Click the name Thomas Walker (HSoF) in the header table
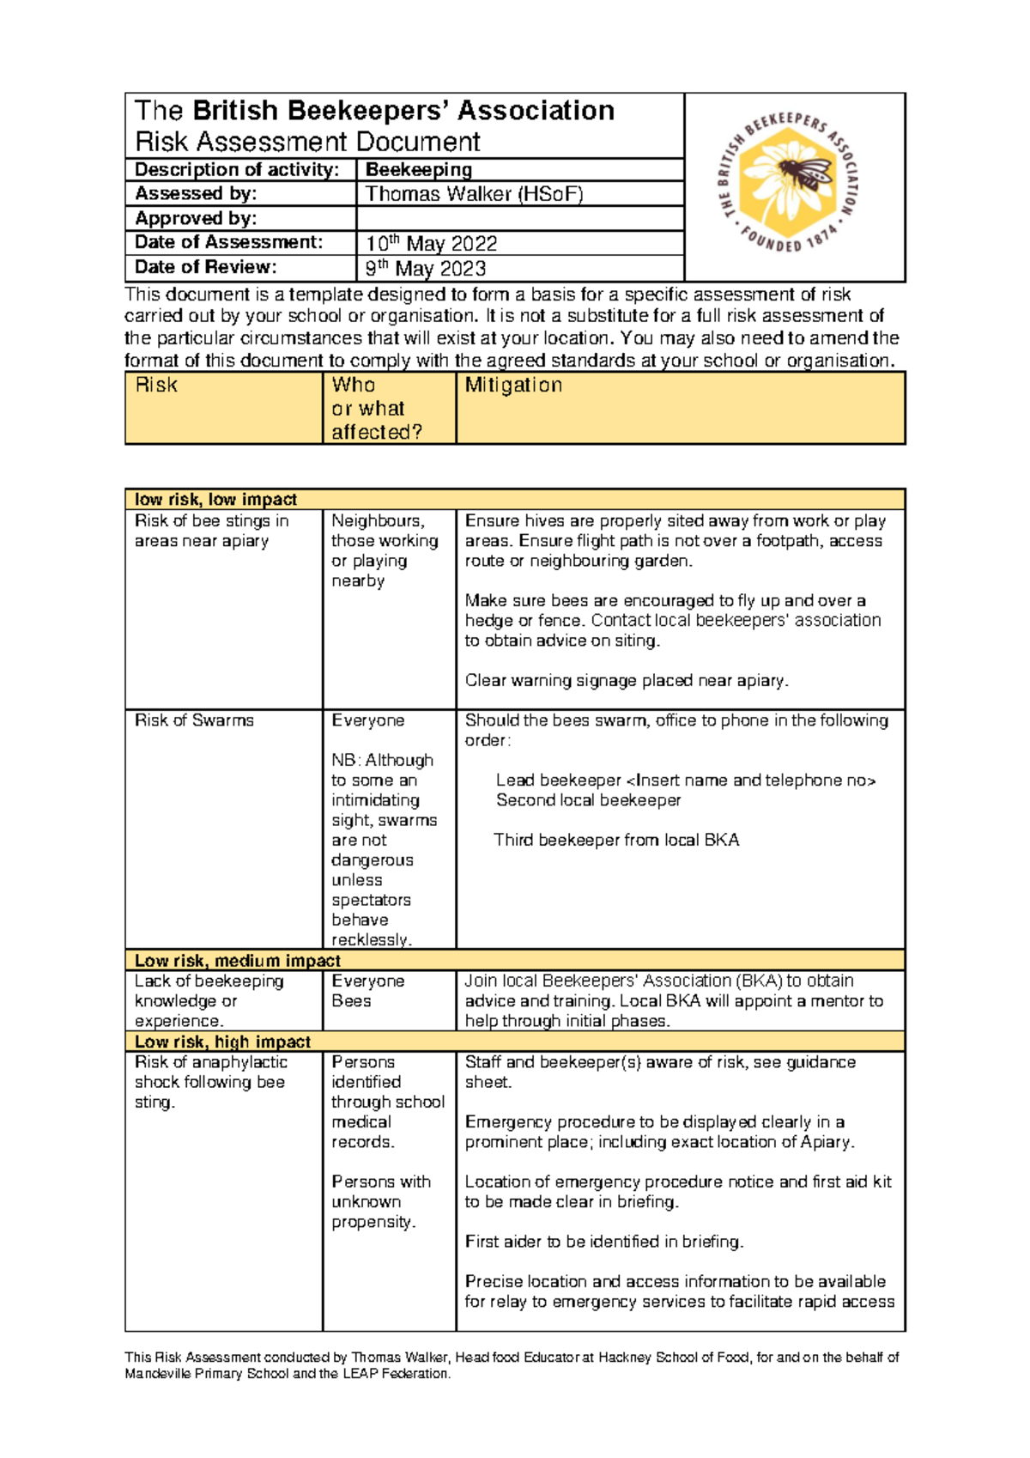coord(474,194)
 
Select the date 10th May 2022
coord(431,244)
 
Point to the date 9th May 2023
coord(426,269)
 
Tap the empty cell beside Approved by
coord(519,218)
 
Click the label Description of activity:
coord(237,170)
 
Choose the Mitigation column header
coord(513,386)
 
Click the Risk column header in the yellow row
coord(156,386)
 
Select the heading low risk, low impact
coord(215,500)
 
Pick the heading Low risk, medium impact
coord(238,961)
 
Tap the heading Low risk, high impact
coord(222,1042)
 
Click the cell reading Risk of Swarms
coord(194,720)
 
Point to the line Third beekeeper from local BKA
coord(616,840)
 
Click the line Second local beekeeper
coord(588,800)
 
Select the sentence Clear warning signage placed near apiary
coord(627,681)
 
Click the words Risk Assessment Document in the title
coord(307,142)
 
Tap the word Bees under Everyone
coord(351,1001)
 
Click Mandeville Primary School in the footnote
coord(207,1374)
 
